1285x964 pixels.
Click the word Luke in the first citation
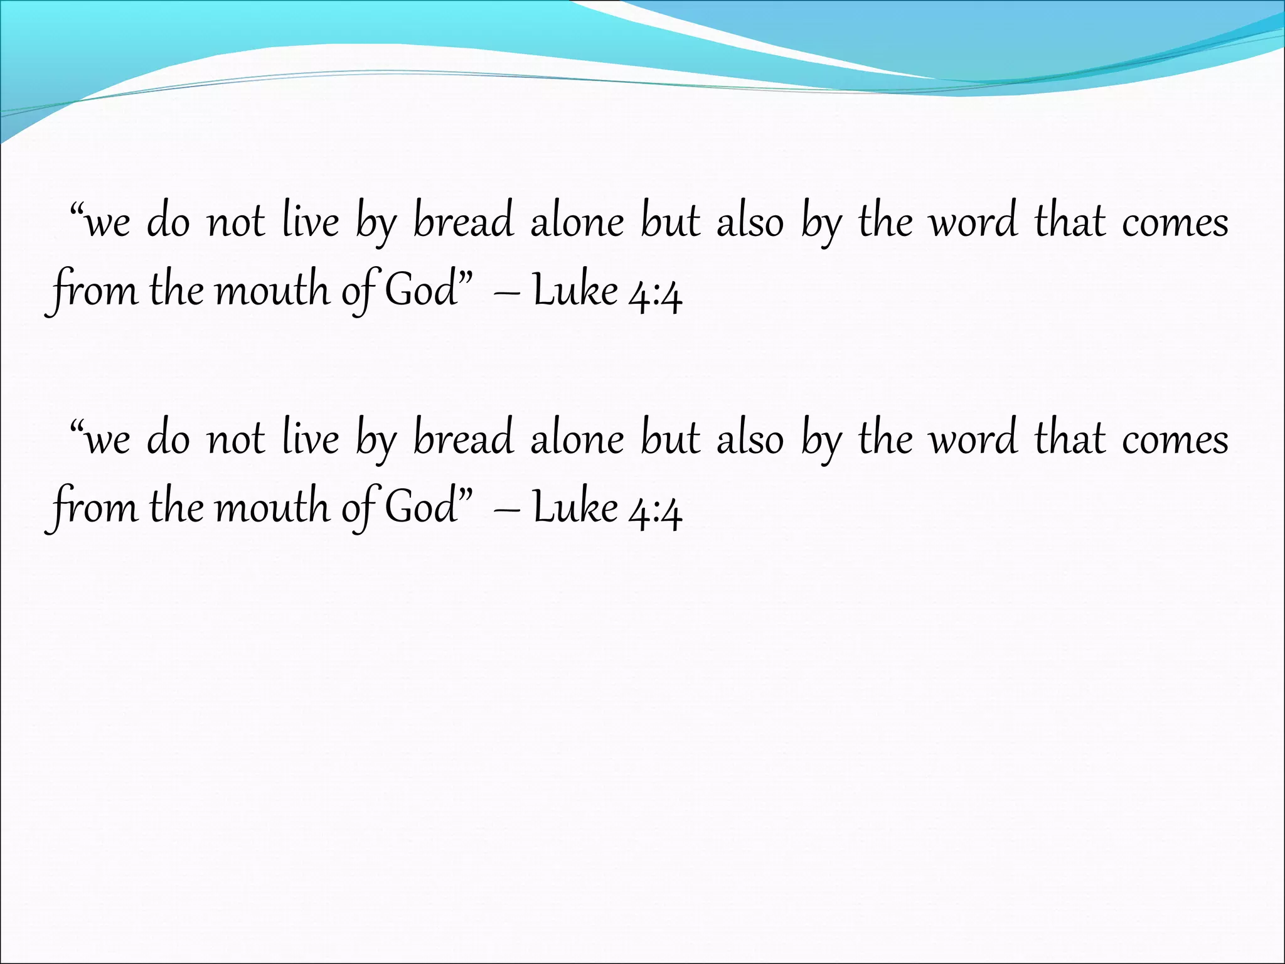[575, 291]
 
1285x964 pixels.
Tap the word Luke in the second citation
[575, 508]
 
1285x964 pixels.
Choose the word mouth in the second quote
[272, 508]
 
